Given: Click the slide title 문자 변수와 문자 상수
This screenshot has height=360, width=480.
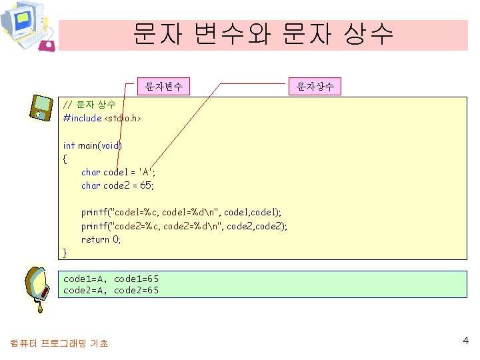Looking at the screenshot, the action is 263,34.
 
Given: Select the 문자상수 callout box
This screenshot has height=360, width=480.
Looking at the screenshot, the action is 315,86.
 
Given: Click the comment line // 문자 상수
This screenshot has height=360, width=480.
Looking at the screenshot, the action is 89,105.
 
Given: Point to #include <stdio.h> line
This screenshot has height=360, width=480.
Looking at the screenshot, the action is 102,118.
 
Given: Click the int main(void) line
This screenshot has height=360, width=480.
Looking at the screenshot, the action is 92,145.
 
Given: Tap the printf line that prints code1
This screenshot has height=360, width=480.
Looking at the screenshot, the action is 181,213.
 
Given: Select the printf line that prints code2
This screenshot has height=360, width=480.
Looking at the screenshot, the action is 184,226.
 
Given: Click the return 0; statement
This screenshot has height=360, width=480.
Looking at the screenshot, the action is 101,239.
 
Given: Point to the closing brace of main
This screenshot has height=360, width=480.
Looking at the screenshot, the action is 65,252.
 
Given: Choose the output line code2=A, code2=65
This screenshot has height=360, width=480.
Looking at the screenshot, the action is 111,290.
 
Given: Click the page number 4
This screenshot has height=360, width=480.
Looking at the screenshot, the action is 465,341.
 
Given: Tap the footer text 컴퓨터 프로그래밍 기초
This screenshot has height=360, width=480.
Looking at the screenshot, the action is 59,343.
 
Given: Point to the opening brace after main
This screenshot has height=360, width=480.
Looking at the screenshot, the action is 65,159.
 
